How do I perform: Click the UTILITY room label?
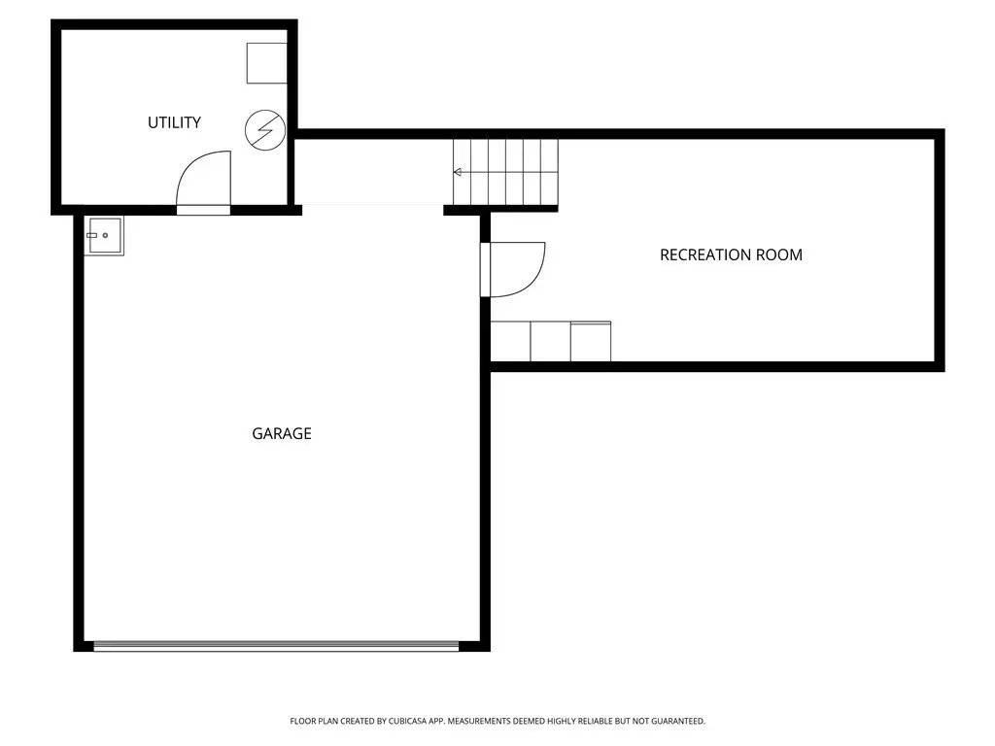[174, 122]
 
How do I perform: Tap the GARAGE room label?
[282, 433]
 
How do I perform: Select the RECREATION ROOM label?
[731, 255]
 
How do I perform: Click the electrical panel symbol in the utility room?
[265, 130]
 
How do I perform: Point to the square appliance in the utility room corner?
[266, 63]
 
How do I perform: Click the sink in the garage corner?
[104, 235]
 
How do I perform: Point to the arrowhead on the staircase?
[457, 172]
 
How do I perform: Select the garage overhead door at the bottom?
[276, 646]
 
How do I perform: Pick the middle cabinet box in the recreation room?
[550, 341]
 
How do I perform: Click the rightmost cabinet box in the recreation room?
[591, 341]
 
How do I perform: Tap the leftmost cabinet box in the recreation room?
[510, 341]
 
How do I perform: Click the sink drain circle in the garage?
[105, 235]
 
